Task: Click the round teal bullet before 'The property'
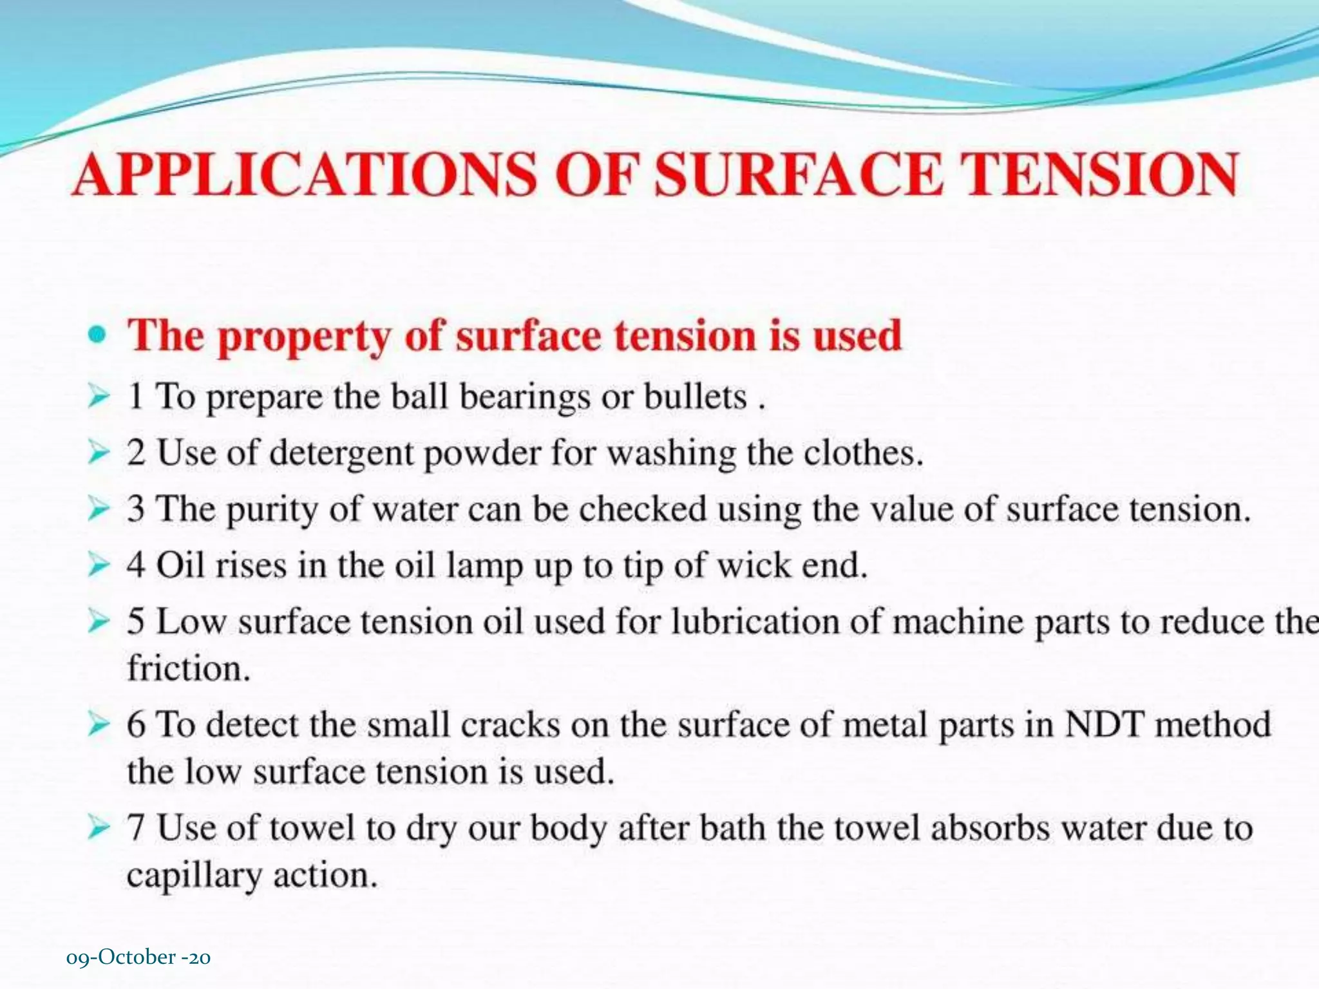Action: tap(97, 334)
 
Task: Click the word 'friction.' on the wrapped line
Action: tap(189, 668)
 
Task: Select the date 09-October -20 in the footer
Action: tap(138, 957)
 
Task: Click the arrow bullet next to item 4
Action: tap(99, 565)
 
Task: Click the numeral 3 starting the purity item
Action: tap(136, 509)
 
